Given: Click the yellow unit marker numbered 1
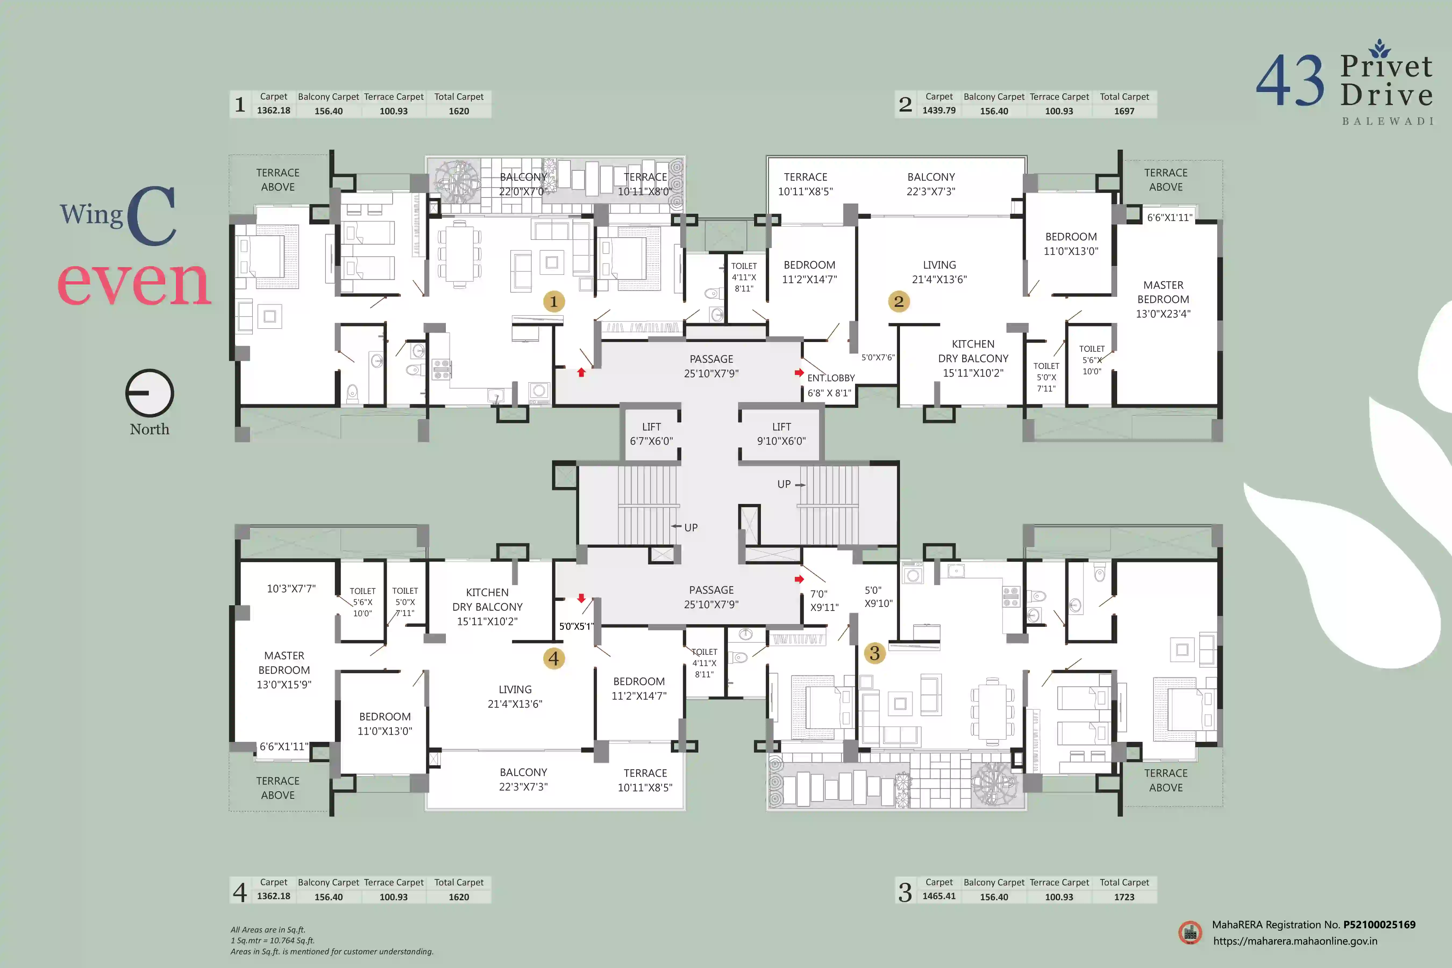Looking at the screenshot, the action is point(554,301).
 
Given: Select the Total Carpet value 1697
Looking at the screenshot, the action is point(1124,111).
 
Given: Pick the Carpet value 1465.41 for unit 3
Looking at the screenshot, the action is point(939,896).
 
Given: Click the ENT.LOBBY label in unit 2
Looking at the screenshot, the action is point(831,378).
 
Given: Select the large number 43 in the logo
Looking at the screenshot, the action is point(1290,80).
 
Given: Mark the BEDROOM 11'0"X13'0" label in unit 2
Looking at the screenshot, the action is point(1071,244).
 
